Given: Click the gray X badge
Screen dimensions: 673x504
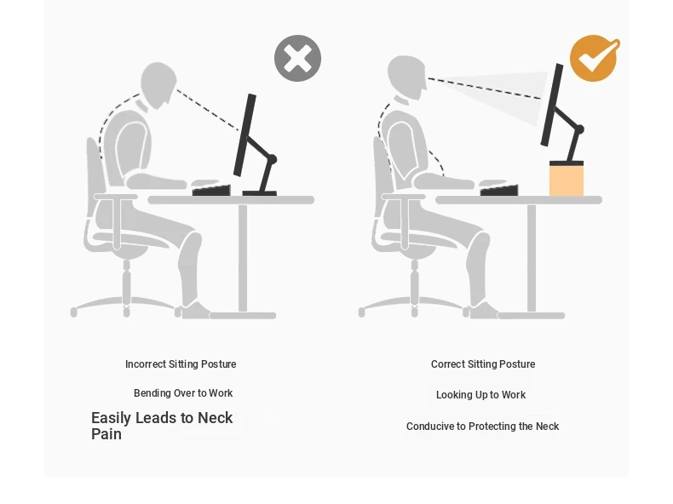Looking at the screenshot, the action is point(297,59).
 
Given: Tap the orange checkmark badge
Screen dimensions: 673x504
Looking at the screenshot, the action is point(595,59).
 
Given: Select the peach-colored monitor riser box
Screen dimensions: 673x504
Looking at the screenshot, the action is point(567,180).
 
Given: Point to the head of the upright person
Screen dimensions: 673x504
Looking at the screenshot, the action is point(406,77).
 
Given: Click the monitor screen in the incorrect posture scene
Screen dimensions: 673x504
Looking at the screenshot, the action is point(244,135).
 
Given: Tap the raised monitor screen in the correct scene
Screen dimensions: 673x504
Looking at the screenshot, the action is point(552,105).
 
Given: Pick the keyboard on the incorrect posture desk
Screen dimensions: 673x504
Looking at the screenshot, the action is point(211,190).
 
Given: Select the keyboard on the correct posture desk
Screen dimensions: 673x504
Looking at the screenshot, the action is point(499,190).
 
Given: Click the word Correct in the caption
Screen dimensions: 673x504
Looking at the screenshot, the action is point(447,364).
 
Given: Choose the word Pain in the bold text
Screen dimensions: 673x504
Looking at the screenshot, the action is point(106,434).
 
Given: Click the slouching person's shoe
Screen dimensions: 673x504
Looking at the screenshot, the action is point(196,311).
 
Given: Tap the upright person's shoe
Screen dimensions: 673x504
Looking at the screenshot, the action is point(484,311).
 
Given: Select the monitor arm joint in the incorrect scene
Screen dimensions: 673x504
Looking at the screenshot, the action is point(272,159).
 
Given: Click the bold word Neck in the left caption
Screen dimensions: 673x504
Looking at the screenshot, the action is point(215,418).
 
